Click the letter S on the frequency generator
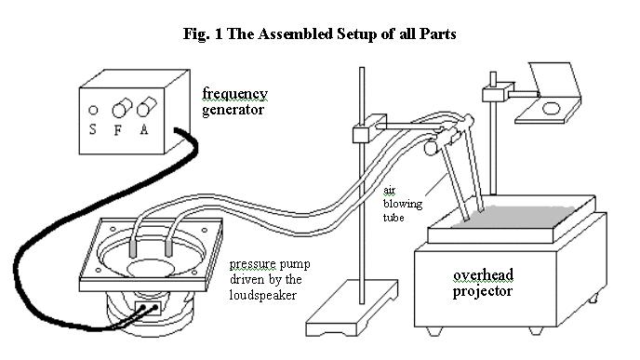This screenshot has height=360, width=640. coord(93,129)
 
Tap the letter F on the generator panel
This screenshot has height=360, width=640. coord(118,130)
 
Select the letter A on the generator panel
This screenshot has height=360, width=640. coord(144,129)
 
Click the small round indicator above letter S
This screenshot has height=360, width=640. coord(93,110)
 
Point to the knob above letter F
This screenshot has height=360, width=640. coord(122,108)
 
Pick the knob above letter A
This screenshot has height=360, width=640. coord(146,107)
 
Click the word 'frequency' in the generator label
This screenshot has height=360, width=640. coord(235,94)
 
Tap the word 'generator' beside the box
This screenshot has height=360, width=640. coord(233,110)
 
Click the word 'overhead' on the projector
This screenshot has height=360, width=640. coord(484,274)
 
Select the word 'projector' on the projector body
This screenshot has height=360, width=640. coord(483,291)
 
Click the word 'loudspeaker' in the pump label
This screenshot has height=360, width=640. coord(263,295)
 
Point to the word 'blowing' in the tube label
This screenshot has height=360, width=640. coord(403,204)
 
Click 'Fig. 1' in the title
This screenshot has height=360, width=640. coord(203,33)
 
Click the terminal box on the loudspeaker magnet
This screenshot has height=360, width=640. coord(148,308)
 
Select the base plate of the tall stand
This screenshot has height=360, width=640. coord(352,308)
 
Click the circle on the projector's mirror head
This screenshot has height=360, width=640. coord(551,109)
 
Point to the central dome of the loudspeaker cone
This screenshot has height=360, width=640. coord(149,268)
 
